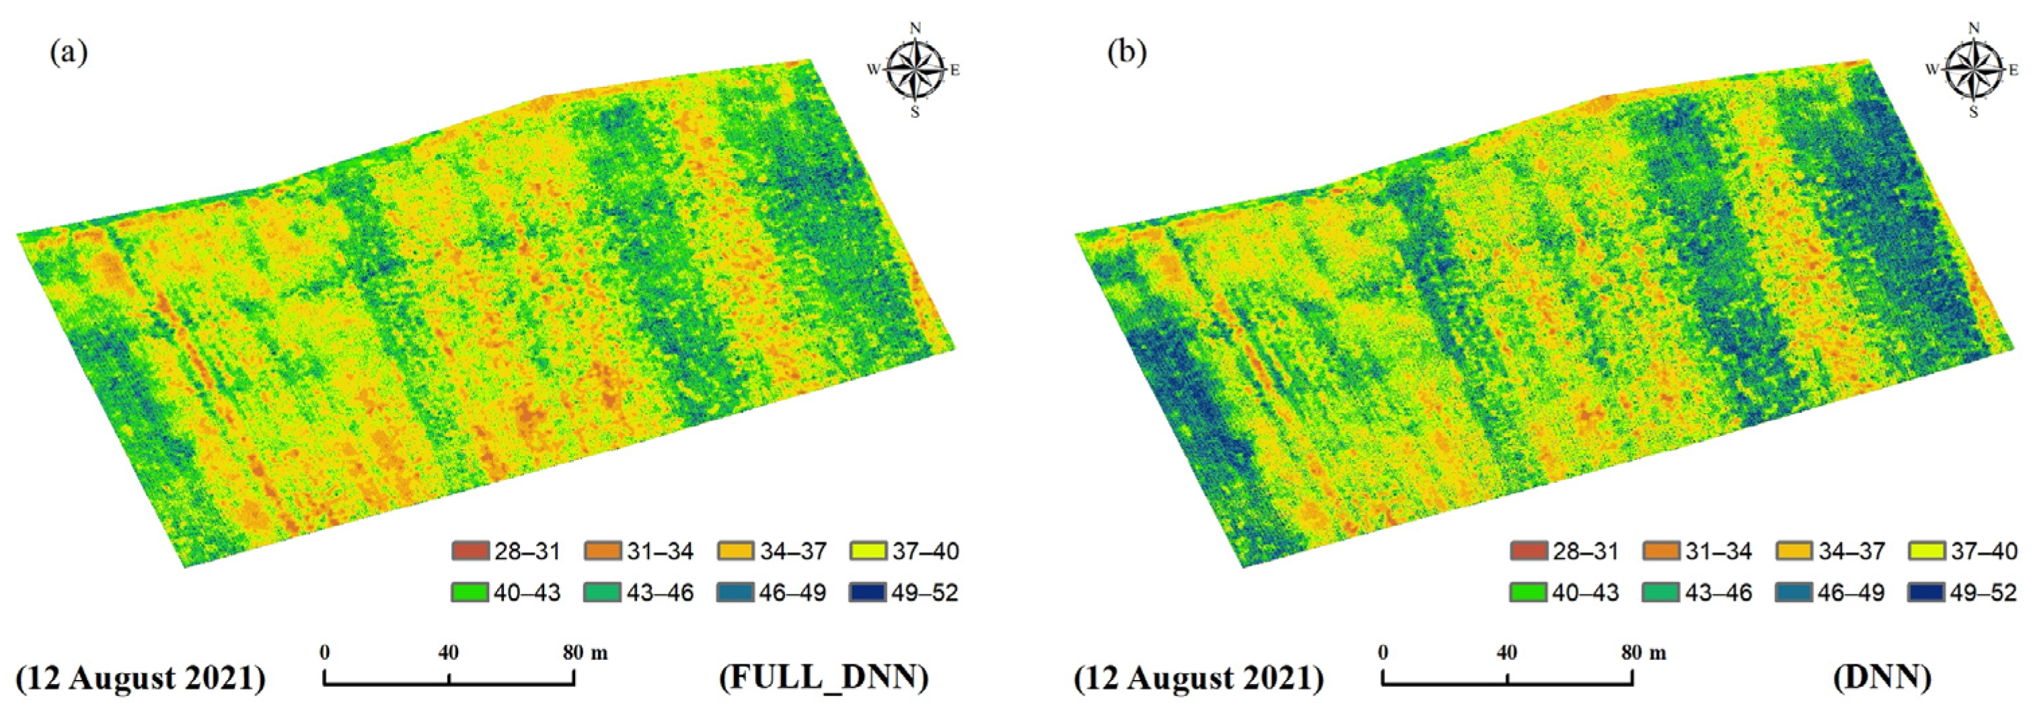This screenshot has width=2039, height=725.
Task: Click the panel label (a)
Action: coord(68,53)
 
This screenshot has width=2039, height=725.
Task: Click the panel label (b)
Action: coord(1126,53)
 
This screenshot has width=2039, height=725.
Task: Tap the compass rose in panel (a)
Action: coord(915,71)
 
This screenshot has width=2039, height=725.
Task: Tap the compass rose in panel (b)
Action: coord(1973,71)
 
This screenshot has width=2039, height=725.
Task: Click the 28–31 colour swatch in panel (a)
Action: coord(470,551)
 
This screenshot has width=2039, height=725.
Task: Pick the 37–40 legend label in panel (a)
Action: coord(925,551)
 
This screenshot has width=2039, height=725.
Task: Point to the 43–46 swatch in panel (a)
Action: coord(602,593)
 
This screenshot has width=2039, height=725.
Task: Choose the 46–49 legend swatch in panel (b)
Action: coord(1793,593)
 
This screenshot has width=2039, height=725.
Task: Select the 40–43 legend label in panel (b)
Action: coord(1586,593)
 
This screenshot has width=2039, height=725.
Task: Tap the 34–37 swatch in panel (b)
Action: coord(1793,551)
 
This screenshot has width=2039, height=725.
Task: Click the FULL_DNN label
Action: coord(823,677)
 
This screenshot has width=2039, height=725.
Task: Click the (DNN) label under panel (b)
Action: coord(1882,677)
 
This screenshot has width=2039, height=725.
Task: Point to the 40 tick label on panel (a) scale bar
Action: coord(448,653)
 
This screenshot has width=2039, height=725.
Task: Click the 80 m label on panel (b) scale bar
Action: coord(1644,653)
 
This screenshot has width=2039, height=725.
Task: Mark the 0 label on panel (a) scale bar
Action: coord(324,653)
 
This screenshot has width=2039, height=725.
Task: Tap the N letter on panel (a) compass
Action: coord(916,28)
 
